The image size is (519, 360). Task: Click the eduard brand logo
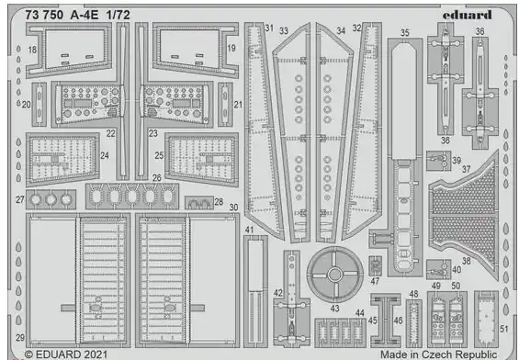coord(467,15)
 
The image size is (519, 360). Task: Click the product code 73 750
coord(44,15)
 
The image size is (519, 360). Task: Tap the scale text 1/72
coord(118,15)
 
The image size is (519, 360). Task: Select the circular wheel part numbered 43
coord(334,275)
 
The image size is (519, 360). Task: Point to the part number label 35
coord(404,33)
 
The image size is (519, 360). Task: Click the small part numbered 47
coord(375,265)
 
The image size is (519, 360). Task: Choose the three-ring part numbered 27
coord(51,199)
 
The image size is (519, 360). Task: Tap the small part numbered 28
coord(199,202)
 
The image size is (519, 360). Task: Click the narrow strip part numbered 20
coord(39,104)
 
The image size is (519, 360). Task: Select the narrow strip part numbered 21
coord(225,104)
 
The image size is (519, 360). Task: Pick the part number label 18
coord(32,50)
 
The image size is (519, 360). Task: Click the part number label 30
coord(233,208)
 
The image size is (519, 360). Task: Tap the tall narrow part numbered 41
coord(255,291)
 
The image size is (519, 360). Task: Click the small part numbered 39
coord(438,161)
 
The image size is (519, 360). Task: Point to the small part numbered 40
coord(438,269)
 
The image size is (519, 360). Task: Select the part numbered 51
coord(486,319)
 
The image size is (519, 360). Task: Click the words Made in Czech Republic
coord(438,354)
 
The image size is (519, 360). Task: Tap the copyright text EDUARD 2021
coord(66,354)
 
